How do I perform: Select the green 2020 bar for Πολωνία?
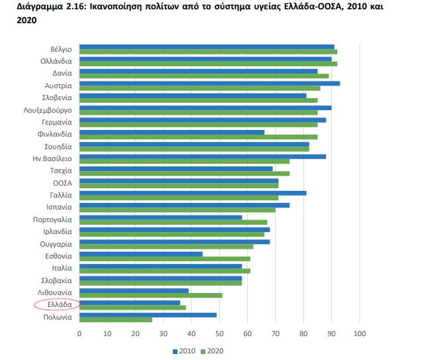(115, 320)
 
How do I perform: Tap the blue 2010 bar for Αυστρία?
(209, 83)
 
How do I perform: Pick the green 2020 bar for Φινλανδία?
(198, 137)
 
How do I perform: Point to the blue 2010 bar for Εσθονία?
(141, 253)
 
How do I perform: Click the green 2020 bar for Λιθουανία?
(150, 295)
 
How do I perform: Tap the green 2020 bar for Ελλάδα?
(132, 307)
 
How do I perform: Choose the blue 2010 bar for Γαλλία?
(193, 193)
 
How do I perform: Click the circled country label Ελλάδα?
(57, 304)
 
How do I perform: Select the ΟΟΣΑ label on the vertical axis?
(62, 182)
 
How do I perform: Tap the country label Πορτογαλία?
(52, 219)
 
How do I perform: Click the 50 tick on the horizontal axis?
(219, 333)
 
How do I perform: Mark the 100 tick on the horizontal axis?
(359, 333)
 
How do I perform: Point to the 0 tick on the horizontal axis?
(79, 333)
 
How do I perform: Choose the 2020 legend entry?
(212, 351)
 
